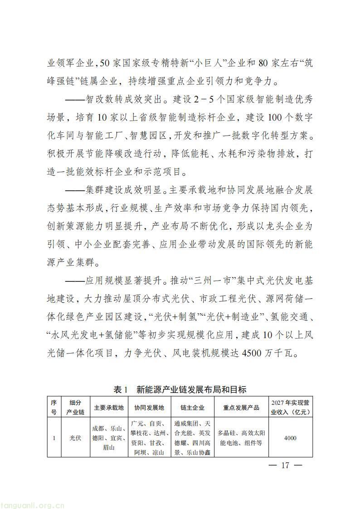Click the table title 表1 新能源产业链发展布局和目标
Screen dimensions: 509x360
pyautogui.click(x=180, y=390)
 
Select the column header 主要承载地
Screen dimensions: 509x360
pyautogui.click(x=109, y=407)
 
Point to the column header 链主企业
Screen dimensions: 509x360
pyautogui.click(x=192, y=407)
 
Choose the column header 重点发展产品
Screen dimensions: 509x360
pyautogui.click(x=241, y=407)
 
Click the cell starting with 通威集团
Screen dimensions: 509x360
pyautogui.click(x=192, y=438)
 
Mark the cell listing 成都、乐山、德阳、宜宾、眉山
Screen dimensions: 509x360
pyautogui.click(x=109, y=438)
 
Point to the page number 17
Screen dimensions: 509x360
pyautogui.click(x=285, y=465)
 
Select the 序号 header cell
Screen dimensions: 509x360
pyautogui.click(x=54, y=407)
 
